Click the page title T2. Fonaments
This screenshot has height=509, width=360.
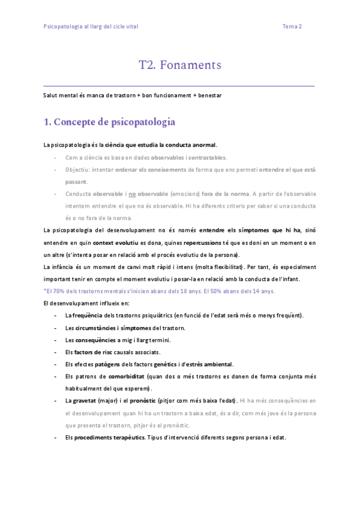(180, 65)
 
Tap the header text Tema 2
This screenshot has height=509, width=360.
(292, 26)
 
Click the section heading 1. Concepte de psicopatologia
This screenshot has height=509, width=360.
(110, 122)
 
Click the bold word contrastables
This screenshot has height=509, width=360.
(208, 157)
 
